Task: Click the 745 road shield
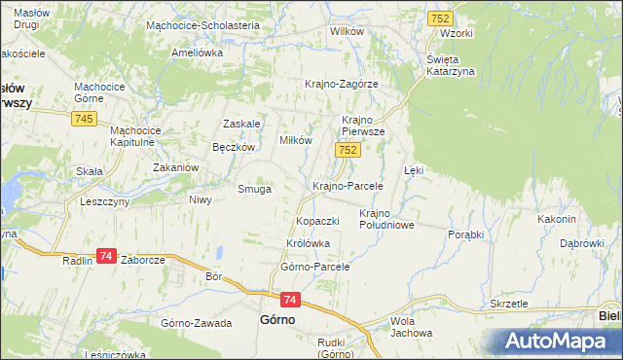[x=83, y=119]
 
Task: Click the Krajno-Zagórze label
[x=342, y=84]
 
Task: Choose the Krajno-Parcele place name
[x=348, y=185]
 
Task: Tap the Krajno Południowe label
[x=387, y=219]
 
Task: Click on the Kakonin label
[x=558, y=219]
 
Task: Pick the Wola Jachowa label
[x=411, y=327]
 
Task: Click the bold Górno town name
[x=277, y=319]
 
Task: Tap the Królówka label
[x=309, y=243]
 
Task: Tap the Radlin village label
[x=77, y=261]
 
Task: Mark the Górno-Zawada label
[x=197, y=323]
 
